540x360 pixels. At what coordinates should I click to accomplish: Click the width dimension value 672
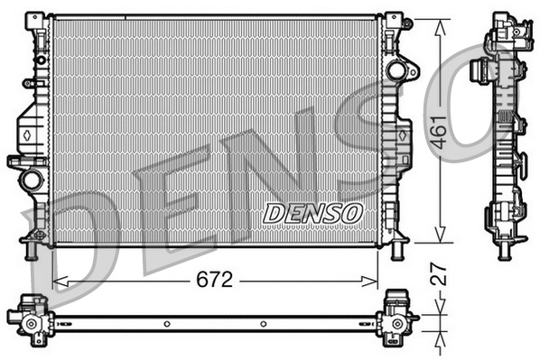(x=216, y=280)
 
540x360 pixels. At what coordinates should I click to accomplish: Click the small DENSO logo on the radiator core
(x=312, y=214)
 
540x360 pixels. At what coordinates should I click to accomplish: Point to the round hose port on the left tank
(x=33, y=178)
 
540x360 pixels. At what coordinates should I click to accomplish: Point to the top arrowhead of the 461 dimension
(x=440, y=23)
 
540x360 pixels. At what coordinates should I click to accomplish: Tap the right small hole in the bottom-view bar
(x=263, y=322)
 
